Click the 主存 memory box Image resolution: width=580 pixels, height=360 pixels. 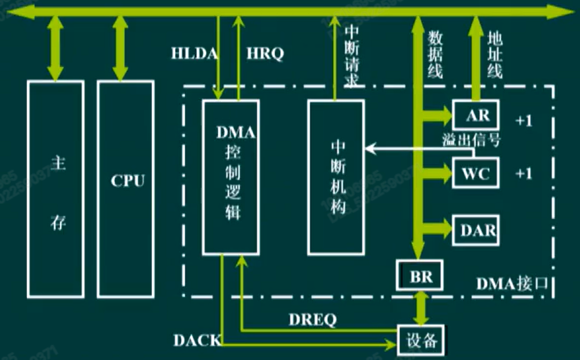coord(56,189)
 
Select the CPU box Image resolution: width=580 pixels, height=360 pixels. coord(125,189)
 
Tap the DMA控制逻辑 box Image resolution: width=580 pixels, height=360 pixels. coord(231,177)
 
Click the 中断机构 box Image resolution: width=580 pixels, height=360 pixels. coord(336,177)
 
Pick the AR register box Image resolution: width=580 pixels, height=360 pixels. coord(476,115)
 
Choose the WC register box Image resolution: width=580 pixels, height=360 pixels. coord(476,173)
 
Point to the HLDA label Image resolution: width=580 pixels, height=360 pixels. coord(194,54)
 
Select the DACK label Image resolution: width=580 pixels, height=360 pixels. coord(197,341)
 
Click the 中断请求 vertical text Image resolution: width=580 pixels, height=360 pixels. coord(353,57)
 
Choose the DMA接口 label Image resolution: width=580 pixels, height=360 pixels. coord(512,284)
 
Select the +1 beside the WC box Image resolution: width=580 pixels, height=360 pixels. coord(523,173)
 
